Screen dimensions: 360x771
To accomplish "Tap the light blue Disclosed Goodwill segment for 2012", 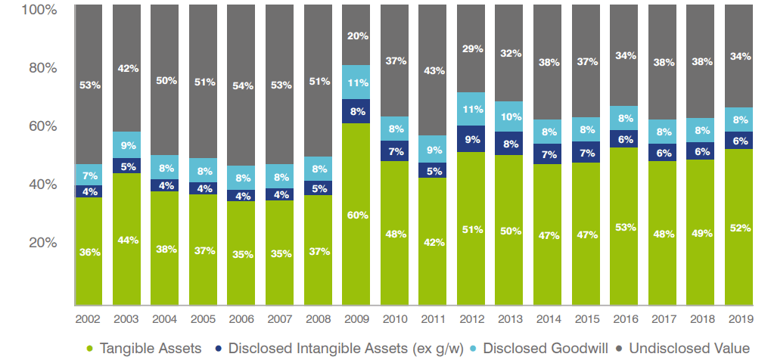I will [x=471, y=109].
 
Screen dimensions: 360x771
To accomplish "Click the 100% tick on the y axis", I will [x=40, y=10].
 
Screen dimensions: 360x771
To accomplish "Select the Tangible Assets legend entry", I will [x=144, y=348].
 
